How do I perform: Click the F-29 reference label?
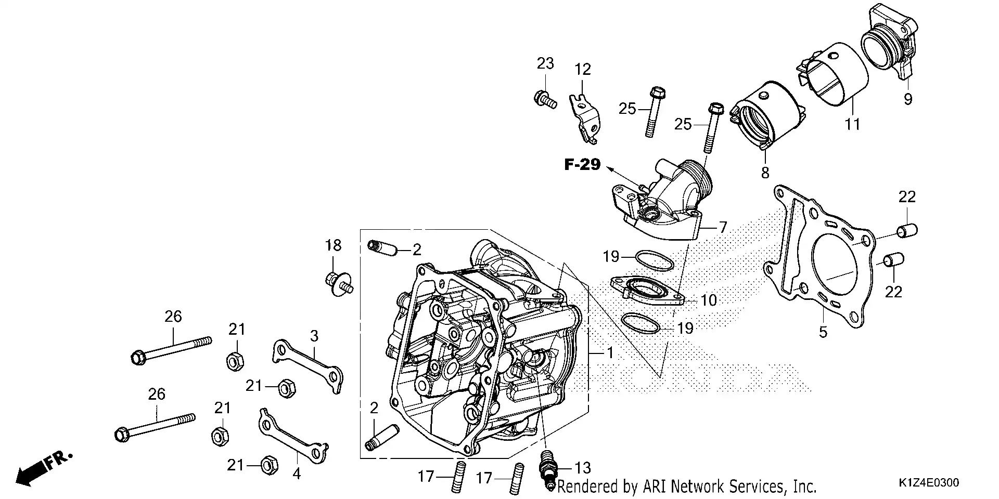583,165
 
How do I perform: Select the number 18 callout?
333,245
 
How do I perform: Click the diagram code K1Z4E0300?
929,483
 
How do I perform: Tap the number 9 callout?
908,99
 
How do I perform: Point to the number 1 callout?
610,353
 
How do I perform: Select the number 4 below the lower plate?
297,474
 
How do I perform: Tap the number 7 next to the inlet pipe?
723,227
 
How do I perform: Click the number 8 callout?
765,173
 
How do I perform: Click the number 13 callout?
583,468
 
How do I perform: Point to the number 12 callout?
583,69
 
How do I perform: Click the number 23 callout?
545,63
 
